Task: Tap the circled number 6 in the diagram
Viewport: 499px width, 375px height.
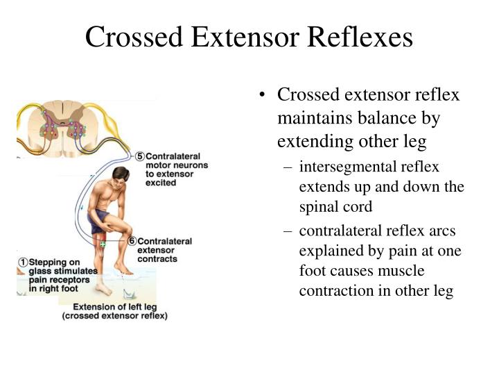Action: [132, 242]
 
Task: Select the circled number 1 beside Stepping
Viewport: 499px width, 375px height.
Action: [22, 262]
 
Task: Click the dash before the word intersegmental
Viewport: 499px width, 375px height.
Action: [286, 167]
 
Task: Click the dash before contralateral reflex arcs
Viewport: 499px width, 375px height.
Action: [286, 231]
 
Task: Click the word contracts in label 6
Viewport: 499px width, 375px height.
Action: [158, 258]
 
